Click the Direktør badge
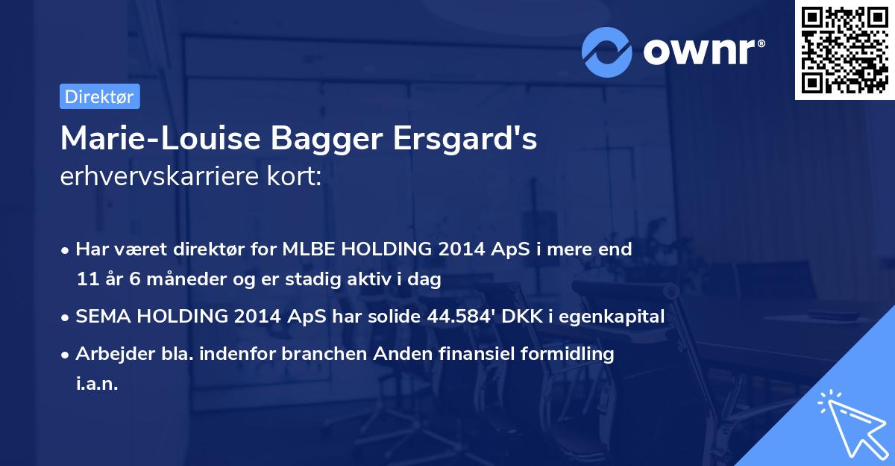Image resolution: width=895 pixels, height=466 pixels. pos(99,96)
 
